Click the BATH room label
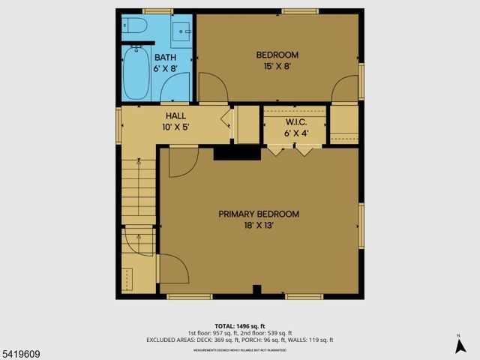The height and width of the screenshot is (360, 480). pos(166,57)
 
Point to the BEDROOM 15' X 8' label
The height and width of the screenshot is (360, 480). pos(277,55)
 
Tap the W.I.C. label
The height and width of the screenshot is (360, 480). pos(294,122)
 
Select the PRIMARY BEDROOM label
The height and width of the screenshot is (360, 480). pos(259,214)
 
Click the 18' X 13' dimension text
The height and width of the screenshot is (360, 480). pos(259,226)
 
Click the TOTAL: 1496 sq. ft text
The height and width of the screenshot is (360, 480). pos(239,325)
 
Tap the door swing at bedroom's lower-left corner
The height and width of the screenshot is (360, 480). pos(212,88)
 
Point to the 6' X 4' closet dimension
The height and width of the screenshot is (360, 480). pos(294,133)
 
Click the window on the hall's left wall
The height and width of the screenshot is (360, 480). pos(118,124)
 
